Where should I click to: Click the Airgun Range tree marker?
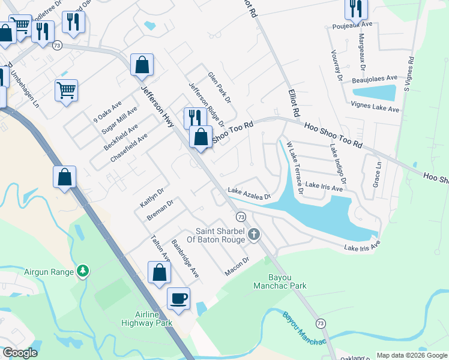pyautogui.click(x=82, y=272)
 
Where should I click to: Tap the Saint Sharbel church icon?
pyautogui.click(x=254, y=234)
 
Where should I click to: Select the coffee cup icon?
pyautogui.click(x=178, y=298)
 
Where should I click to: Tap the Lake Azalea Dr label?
pyautogui.click(x=249, y=193)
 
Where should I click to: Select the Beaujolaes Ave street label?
pyautogui.click(x=375, y=79)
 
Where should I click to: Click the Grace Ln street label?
pyautogui.click(x=378, y=173)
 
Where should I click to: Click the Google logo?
pyautogui.click(x=20, y=353)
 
